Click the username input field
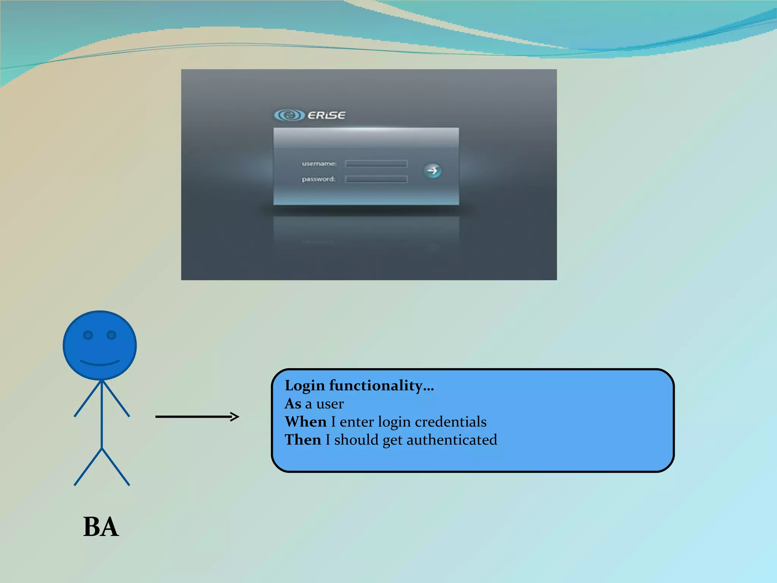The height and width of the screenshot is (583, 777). pyautogui.click(x=376, y=164)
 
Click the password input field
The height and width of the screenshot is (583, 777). pyautogui.click(x=376, y=179)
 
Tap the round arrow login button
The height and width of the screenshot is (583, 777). pyautogui.click(x=433, y=171)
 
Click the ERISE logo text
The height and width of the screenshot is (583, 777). pyautogui.click(x=326, y=115)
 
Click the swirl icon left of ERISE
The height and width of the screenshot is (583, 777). pyautogui.click(x=289, y=115)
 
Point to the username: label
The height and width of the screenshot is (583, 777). pyautogui.click(x=319, y=164)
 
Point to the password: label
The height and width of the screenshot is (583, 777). pyautogui.click(x=318, y=179)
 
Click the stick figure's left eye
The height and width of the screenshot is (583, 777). pyautogui.click(x=88, y=335)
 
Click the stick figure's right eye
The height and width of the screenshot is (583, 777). pyautogui.click(x=112, y=335)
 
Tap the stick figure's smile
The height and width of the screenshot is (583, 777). pyautogui.click(x=100, y=363)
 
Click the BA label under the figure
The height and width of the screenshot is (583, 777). pyautogui.click(x=101, y=527)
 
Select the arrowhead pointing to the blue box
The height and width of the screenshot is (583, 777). pyautogui.click(x=235, y=417)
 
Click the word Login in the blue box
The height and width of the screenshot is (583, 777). pyautogui.click(x=305, y=386)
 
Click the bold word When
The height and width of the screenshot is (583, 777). pyautogui.click(x=306, y=422)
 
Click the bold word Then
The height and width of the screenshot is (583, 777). pyautogui.click(x=303, y=440)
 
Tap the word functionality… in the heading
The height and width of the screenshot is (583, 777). pyautogui.click(x=381, y=386)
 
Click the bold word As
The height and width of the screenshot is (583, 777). pyautogui.click(x=293, y=404)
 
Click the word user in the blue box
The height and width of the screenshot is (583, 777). pyautogui.click(x=330, y=404)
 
